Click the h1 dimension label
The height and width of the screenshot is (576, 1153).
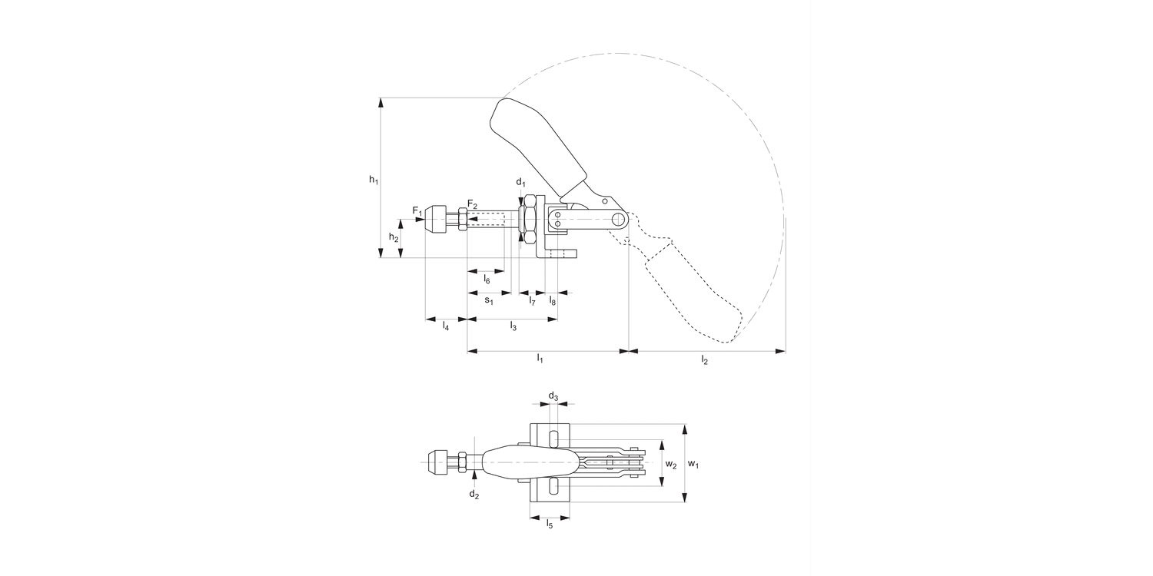(x=373, y=180)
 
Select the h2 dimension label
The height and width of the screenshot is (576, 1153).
(x=393, y=238)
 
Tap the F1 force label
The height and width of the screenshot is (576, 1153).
(x=417, y=211)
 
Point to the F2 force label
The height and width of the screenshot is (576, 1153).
(x=472, y=205)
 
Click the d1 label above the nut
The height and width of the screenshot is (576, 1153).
(x=520, y=182)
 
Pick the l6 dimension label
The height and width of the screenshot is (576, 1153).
(x=487, y=280)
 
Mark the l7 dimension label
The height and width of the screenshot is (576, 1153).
(x=532, y=301)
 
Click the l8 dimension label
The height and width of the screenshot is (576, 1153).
(x=553, y=301)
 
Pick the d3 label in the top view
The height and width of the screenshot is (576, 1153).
(x=553, y=396)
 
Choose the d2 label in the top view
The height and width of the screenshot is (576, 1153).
(x=474, y=494)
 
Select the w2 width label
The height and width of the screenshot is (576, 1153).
(x=671, y=465)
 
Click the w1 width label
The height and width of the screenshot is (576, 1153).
(x=693, y=464)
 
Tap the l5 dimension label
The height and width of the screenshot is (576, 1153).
(x=549, y=525)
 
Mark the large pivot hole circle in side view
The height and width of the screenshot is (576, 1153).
(x=617, y=220)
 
